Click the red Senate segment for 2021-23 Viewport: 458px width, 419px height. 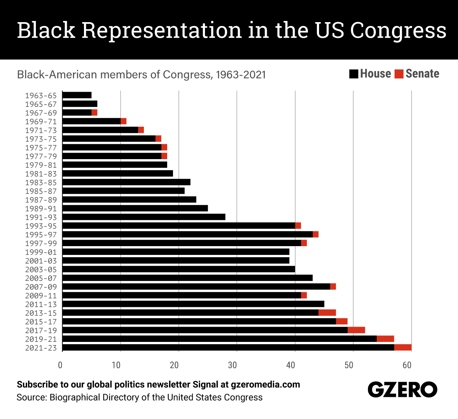403,347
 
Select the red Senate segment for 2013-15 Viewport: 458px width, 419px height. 327,313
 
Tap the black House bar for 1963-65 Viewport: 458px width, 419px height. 77,95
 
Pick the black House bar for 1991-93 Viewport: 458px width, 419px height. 144,217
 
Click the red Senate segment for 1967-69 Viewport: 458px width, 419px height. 94,113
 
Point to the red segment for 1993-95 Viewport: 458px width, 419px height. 298,226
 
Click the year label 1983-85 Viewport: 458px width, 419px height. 41,182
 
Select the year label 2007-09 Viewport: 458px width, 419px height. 41,287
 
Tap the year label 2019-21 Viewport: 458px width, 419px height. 41,339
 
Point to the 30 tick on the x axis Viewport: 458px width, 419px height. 232,365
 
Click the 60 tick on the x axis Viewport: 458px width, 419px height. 407,365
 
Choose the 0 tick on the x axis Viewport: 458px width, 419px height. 60,365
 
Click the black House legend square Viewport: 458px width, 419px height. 354,74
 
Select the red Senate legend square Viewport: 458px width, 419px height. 399,74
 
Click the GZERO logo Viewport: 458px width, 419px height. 403,390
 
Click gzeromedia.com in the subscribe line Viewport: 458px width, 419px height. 266,385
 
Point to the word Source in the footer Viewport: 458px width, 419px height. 32,398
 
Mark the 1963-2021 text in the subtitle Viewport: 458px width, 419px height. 241,75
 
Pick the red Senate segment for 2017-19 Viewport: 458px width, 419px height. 356,330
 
